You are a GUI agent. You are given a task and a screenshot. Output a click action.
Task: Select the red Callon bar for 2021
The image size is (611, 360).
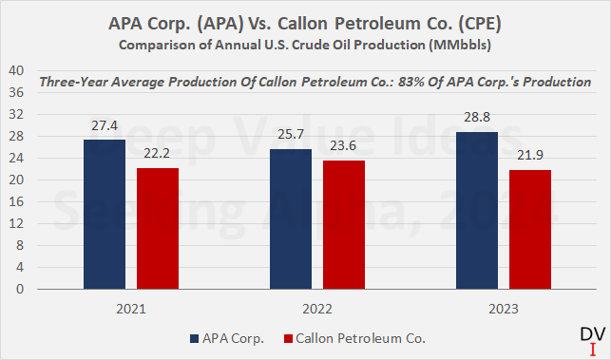point(157,229)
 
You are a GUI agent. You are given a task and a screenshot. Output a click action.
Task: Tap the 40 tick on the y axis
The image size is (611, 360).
point(16,70)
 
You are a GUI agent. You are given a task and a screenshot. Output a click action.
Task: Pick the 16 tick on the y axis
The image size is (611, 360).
point(16,202)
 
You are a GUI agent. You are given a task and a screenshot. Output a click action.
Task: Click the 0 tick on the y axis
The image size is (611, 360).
point(20,290)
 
